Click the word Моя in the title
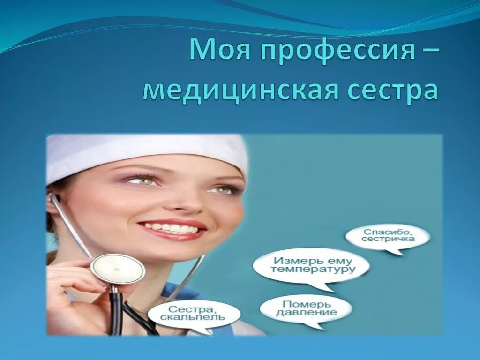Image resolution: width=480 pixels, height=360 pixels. click(218, 50)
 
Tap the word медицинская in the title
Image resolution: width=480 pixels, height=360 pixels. click(241, 90)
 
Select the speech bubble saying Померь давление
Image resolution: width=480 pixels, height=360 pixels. click(306, 308)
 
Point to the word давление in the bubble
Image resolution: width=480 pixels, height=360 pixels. click(306, 313)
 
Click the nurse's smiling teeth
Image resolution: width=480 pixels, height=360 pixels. click(172, 229)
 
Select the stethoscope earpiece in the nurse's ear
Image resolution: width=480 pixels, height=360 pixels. click(51, 197)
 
